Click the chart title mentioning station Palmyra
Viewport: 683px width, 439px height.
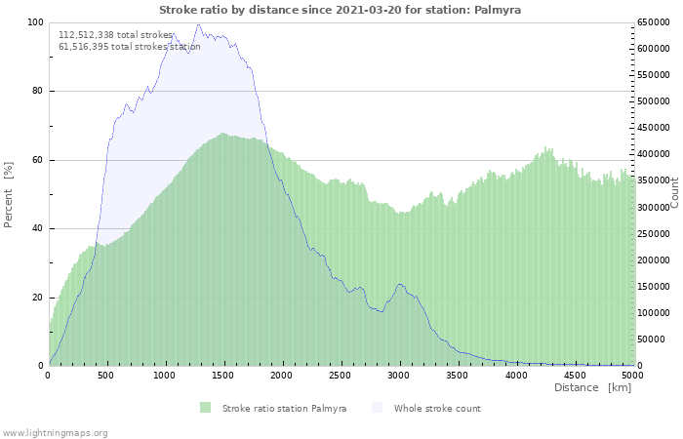point(340,9)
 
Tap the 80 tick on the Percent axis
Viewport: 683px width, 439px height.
point(37,92)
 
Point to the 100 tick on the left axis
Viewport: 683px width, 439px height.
point(34,22)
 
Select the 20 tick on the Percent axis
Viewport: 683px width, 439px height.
point(37,298)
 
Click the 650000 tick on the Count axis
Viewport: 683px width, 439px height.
point(653,22)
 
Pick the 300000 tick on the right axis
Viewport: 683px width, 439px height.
point(653,207)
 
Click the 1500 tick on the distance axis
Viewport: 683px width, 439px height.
point(223,375)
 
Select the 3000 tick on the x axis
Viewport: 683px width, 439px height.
point(399,375)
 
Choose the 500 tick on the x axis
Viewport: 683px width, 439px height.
point(106,375)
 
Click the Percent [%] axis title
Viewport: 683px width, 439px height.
point(9,194)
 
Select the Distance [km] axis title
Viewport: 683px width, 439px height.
point(592,388)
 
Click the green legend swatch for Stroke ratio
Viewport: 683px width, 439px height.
point(205,408)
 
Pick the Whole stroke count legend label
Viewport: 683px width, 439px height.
point(437,408)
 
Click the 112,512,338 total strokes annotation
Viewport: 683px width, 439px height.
point(115,35)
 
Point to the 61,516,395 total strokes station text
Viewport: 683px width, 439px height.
point(129,47)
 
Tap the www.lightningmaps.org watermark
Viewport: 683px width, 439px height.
point(55,432)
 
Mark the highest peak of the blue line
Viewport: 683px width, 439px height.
point(198,24)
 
